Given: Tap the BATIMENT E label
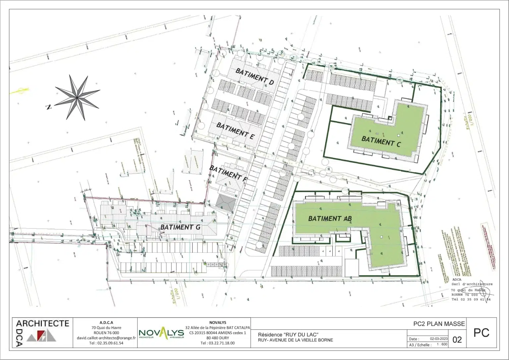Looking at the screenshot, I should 235,130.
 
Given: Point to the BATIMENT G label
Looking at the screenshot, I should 181,227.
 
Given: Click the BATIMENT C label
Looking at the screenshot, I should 381,141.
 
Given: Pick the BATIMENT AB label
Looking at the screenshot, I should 330,218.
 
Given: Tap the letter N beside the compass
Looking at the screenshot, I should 49,107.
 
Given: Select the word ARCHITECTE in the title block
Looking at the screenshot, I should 42,323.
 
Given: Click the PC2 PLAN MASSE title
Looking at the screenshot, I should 439,324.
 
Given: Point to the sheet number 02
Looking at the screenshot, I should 457,340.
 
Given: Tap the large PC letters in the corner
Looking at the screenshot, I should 481,333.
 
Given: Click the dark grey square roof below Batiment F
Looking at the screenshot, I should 225,202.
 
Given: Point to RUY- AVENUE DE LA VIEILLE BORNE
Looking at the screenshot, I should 295,340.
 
